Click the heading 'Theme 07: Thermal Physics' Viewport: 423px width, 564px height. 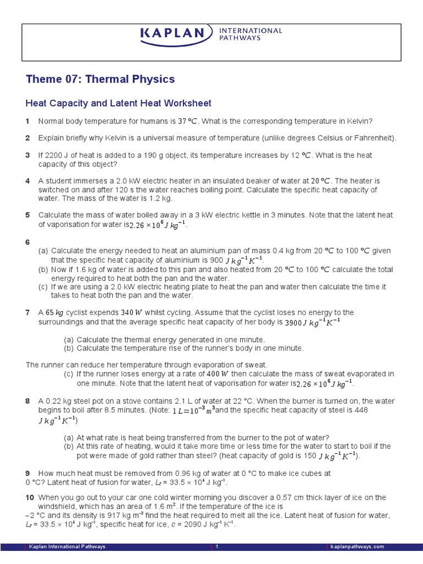[x=100, y=79]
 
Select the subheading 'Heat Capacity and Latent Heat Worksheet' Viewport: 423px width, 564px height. [x=118, y=104]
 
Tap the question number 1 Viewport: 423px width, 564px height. [x=27, y=121]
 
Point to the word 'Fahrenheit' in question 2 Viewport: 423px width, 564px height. [x=375, y=138]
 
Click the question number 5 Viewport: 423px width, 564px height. [x=27, y=215]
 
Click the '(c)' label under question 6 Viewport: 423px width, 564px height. [x=43, y=287]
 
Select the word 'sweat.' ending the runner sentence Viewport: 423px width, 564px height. [x=256, y=365]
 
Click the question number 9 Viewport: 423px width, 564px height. [x=28, y=473]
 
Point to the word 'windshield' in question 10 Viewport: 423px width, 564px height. [x=57, y=506]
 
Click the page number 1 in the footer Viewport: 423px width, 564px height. [x=218, y=547]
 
